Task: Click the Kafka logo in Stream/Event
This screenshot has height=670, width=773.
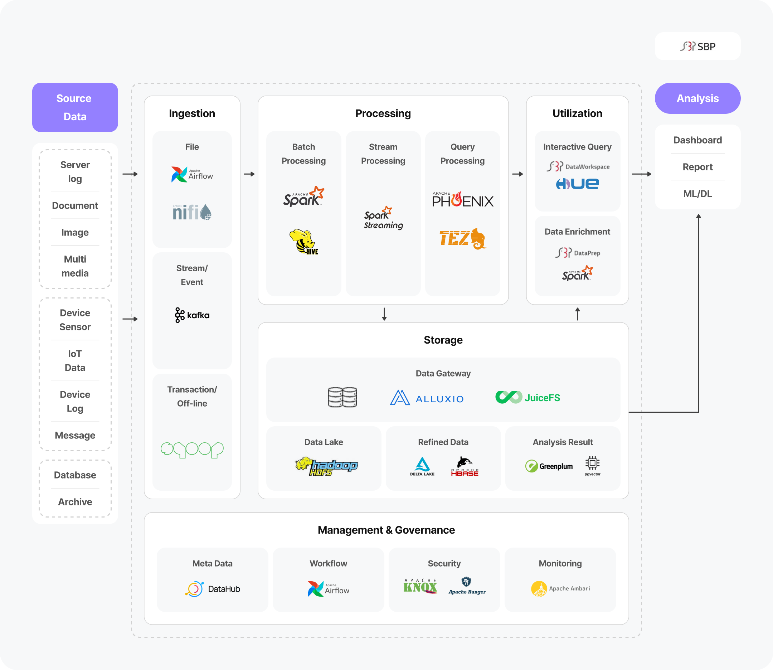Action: (x=192, y=315)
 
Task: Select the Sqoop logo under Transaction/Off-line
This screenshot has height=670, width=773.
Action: (x=192, y=450)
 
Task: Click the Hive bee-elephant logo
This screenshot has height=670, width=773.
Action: (x=303, y=242)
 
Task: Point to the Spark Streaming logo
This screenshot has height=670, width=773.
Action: (x=383, y=218)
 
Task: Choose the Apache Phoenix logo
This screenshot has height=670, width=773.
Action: (x=462, y=200)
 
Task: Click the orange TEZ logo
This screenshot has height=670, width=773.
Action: (x=462, y=238)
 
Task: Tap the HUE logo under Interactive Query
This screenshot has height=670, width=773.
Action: (x=578, y=184)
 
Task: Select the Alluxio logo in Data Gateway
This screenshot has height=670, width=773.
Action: (x=427, y=398)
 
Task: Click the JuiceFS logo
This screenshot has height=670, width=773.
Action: (x=528, y=397)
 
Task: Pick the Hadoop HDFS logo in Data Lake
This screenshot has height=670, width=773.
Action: (x=326, y=466)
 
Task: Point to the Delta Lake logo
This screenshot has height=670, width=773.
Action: (x=422, y=466)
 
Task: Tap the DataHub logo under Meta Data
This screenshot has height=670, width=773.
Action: (x=213, y=589)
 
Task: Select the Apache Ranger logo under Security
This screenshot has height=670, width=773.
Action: (x=467, y=586)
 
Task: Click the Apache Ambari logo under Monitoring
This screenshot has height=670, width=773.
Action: (x=560, y=589)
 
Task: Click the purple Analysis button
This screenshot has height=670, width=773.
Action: (x=697, y=98)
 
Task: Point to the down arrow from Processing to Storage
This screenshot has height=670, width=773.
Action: (x=384, y=314)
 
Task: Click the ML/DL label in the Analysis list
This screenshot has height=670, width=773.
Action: (x=697, y=194)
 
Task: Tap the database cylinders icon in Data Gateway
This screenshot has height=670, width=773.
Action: (x=342, y=397)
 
